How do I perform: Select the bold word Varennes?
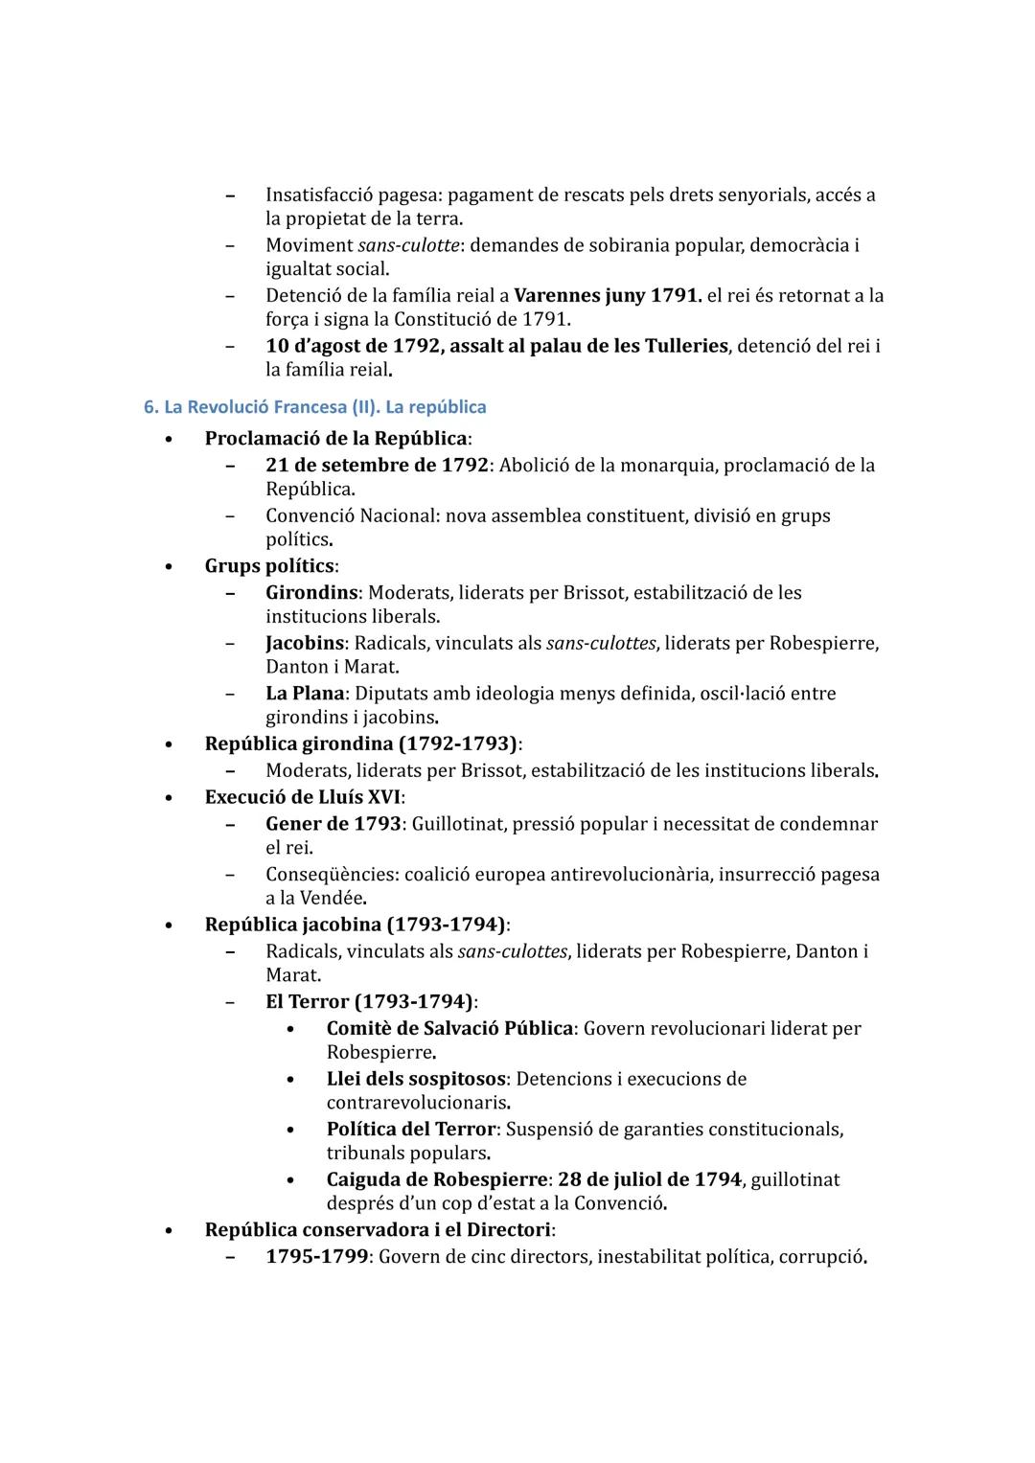[x=556, y=295]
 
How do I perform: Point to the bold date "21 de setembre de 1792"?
[x=377, y=466]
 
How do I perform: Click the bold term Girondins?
[x=311, y=593]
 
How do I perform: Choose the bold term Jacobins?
[x=307, y=643]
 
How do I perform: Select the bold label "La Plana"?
[x=304, y=694]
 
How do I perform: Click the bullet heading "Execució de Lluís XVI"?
[x=303, y=797]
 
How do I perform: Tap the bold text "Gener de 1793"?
[x=333, y=824]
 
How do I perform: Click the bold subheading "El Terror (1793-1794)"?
[x=369, y=1002]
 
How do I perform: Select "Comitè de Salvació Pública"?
[x=449, y=1029]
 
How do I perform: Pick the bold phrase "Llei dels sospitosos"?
[x=416, y=1079]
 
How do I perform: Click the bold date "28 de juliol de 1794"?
[x=649, y=1179]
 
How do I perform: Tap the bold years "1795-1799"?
[x=316, y=1256]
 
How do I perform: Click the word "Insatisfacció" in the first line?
[x=325, y=195]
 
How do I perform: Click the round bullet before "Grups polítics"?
[x=169, y=567]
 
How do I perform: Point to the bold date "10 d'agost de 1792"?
[x=352, y=346]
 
